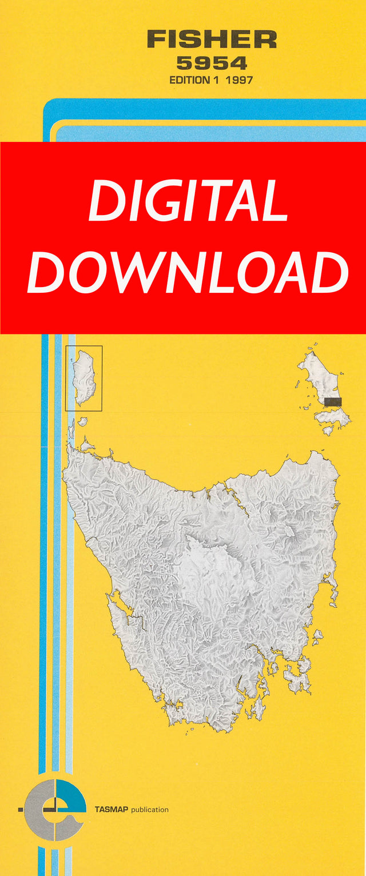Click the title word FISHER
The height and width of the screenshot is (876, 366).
coord(212,40)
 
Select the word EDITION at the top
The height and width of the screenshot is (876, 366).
coord(190,80)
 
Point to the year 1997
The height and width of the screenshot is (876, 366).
coord(239,80)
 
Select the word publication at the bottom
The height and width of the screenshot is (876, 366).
coord(150,810)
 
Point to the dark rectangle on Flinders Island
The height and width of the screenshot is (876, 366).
coord(333,402)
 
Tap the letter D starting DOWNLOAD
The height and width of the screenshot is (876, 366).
coord(47,273)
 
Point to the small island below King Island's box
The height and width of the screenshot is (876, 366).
coord(82,421)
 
